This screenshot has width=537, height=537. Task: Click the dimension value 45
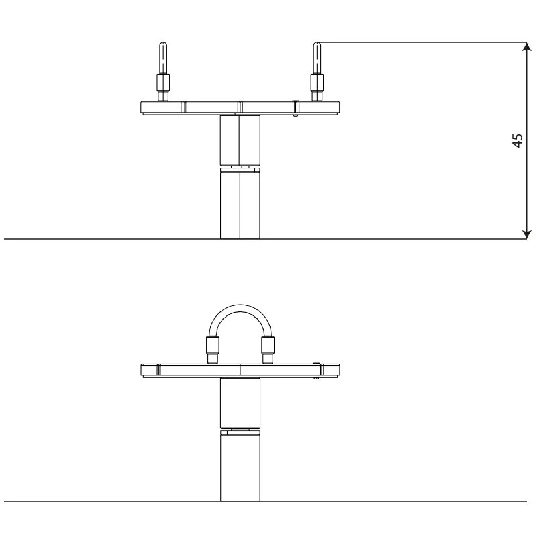[517, 141]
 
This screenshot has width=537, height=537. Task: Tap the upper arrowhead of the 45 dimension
[526, 46]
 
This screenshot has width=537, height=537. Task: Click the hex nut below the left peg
[162, 85]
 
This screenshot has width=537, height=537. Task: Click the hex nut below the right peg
[316, 85]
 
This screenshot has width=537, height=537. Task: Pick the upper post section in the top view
[240, 139]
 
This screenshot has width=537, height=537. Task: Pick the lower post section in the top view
[240, 205]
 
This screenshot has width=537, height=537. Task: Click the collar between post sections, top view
[240, 168]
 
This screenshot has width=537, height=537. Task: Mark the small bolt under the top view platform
[296, 114]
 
